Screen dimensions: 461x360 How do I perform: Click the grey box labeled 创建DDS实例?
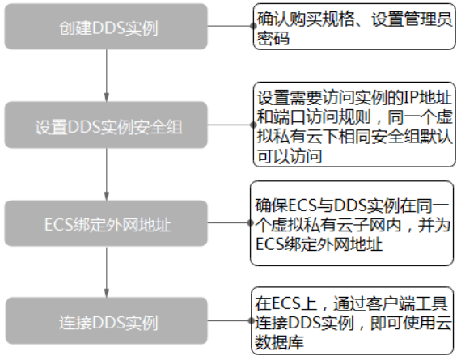(x=106, y=27)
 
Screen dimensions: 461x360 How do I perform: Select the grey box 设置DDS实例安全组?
(x=106, y=125)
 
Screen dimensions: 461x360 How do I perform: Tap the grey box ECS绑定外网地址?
(x=106, y=223)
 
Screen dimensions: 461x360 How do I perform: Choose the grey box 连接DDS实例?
(x=106, y=321)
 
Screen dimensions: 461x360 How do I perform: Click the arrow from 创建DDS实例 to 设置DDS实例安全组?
(x=107, y=75)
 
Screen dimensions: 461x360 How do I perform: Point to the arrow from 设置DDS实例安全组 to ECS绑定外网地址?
(x=107, y=175)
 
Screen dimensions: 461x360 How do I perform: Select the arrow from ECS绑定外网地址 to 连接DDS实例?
(x=107, y=272)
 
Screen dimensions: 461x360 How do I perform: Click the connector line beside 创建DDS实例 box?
(x=230, y=26)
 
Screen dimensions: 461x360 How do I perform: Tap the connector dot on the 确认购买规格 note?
(x=253, y=26)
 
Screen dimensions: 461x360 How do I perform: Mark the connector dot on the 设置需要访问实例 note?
(x=253, y=125)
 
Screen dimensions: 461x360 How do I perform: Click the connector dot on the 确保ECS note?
(x=251, y=223)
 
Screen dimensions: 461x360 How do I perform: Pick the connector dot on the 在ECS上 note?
(x=252, y=320)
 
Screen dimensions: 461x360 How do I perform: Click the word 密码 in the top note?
(x=273, y=39)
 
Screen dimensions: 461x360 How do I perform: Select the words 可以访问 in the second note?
(x=290, y=156)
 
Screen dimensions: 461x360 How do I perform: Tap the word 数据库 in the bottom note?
(x=279, y=342)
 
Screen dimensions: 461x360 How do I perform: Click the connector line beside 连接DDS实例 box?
(x=230, y=320)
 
